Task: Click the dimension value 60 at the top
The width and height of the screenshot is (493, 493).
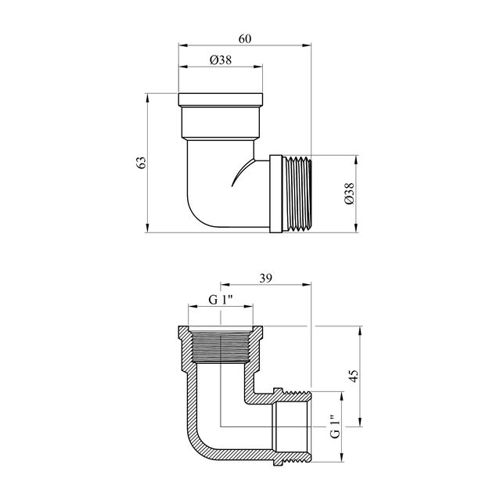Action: click(245, 38)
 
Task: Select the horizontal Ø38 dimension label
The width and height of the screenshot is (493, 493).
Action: click(221, 59)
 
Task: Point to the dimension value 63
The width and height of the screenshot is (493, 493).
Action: click(142, 163)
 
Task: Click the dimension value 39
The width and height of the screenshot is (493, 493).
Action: click(266, 278)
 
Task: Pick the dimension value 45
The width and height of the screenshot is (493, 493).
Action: click(354, 376)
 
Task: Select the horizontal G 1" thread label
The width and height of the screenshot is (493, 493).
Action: click(221, 300)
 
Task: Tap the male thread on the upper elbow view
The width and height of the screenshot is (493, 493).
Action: click(297, 194)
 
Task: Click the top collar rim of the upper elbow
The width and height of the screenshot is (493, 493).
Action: click(221, 99)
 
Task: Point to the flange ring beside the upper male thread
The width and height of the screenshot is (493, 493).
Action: click(275, 194)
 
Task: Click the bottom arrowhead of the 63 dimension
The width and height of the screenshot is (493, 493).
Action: click(147, 229)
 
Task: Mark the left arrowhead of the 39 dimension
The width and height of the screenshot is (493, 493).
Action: click(225, 285)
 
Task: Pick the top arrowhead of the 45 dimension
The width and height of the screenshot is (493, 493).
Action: click(360, 331)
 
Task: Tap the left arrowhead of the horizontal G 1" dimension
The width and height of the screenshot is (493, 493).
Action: click(193, 306)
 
